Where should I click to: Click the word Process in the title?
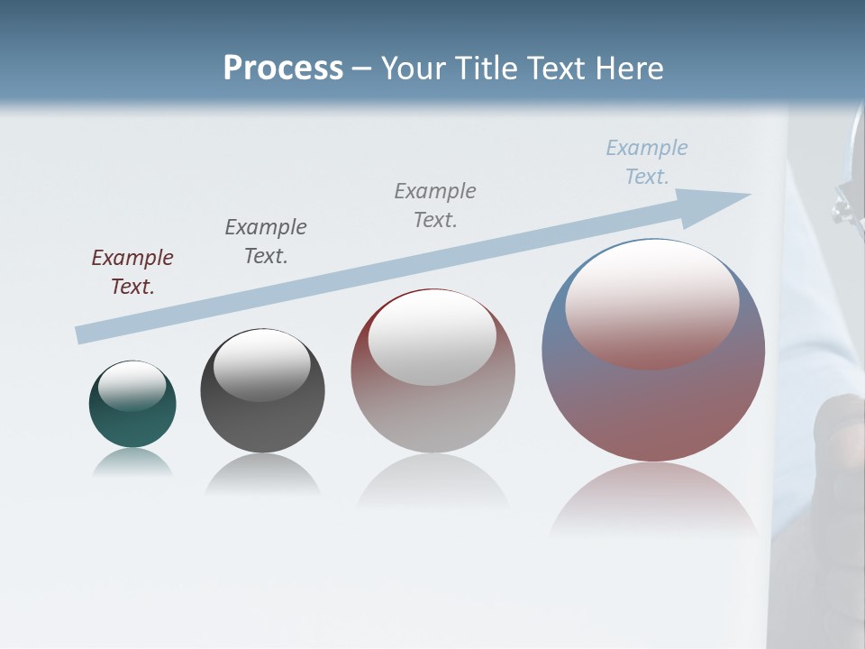[x=283, y=69]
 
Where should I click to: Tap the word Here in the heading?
[x=626, y=69]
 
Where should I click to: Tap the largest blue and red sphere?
[x=653, y=406]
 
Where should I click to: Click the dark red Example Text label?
[x=132, y=271]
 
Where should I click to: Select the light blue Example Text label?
[x=647, y=161]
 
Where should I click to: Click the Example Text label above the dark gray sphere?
[x=266, y=241]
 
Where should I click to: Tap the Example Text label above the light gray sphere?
[x=435, y=205]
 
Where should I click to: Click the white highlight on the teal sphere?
[x=132, y=385]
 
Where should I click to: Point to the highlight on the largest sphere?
[x=652, y=302]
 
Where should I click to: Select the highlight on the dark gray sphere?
[x=262, y=364]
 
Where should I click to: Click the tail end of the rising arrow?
[x=83, y=334]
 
